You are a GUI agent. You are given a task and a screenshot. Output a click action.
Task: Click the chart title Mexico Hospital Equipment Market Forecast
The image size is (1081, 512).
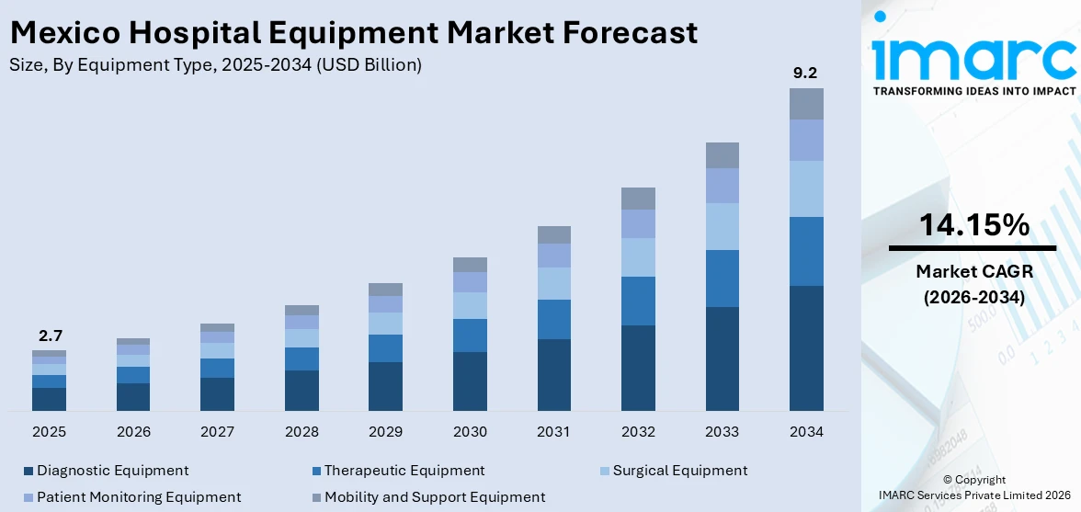pos(354,33)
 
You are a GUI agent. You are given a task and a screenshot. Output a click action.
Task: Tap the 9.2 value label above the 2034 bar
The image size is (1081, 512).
pos(806,74)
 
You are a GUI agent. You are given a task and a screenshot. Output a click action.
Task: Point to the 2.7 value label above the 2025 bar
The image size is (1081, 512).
pos(50,336)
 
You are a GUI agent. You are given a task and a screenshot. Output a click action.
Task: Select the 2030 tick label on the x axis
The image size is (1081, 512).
pos(470,431)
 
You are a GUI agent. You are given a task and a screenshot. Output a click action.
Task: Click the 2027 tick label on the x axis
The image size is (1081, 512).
pos(217,431)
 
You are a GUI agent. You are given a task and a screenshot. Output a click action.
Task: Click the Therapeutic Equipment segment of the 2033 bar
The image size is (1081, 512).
pos(722,278)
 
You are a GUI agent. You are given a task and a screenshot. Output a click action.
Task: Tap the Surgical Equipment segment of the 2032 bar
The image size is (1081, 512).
pos(638,257)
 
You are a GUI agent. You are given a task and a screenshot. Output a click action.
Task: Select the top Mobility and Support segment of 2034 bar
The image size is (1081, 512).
pos(806,104)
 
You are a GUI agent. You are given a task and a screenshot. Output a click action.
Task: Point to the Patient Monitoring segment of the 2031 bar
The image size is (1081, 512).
pos(553,256)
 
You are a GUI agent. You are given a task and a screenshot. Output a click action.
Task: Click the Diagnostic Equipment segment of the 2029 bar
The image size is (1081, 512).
pos(385,386)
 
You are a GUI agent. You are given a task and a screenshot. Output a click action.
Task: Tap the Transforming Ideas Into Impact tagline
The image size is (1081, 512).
pos(973,92)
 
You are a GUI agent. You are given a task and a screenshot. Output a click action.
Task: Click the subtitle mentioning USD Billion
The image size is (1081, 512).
pos(216,65)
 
